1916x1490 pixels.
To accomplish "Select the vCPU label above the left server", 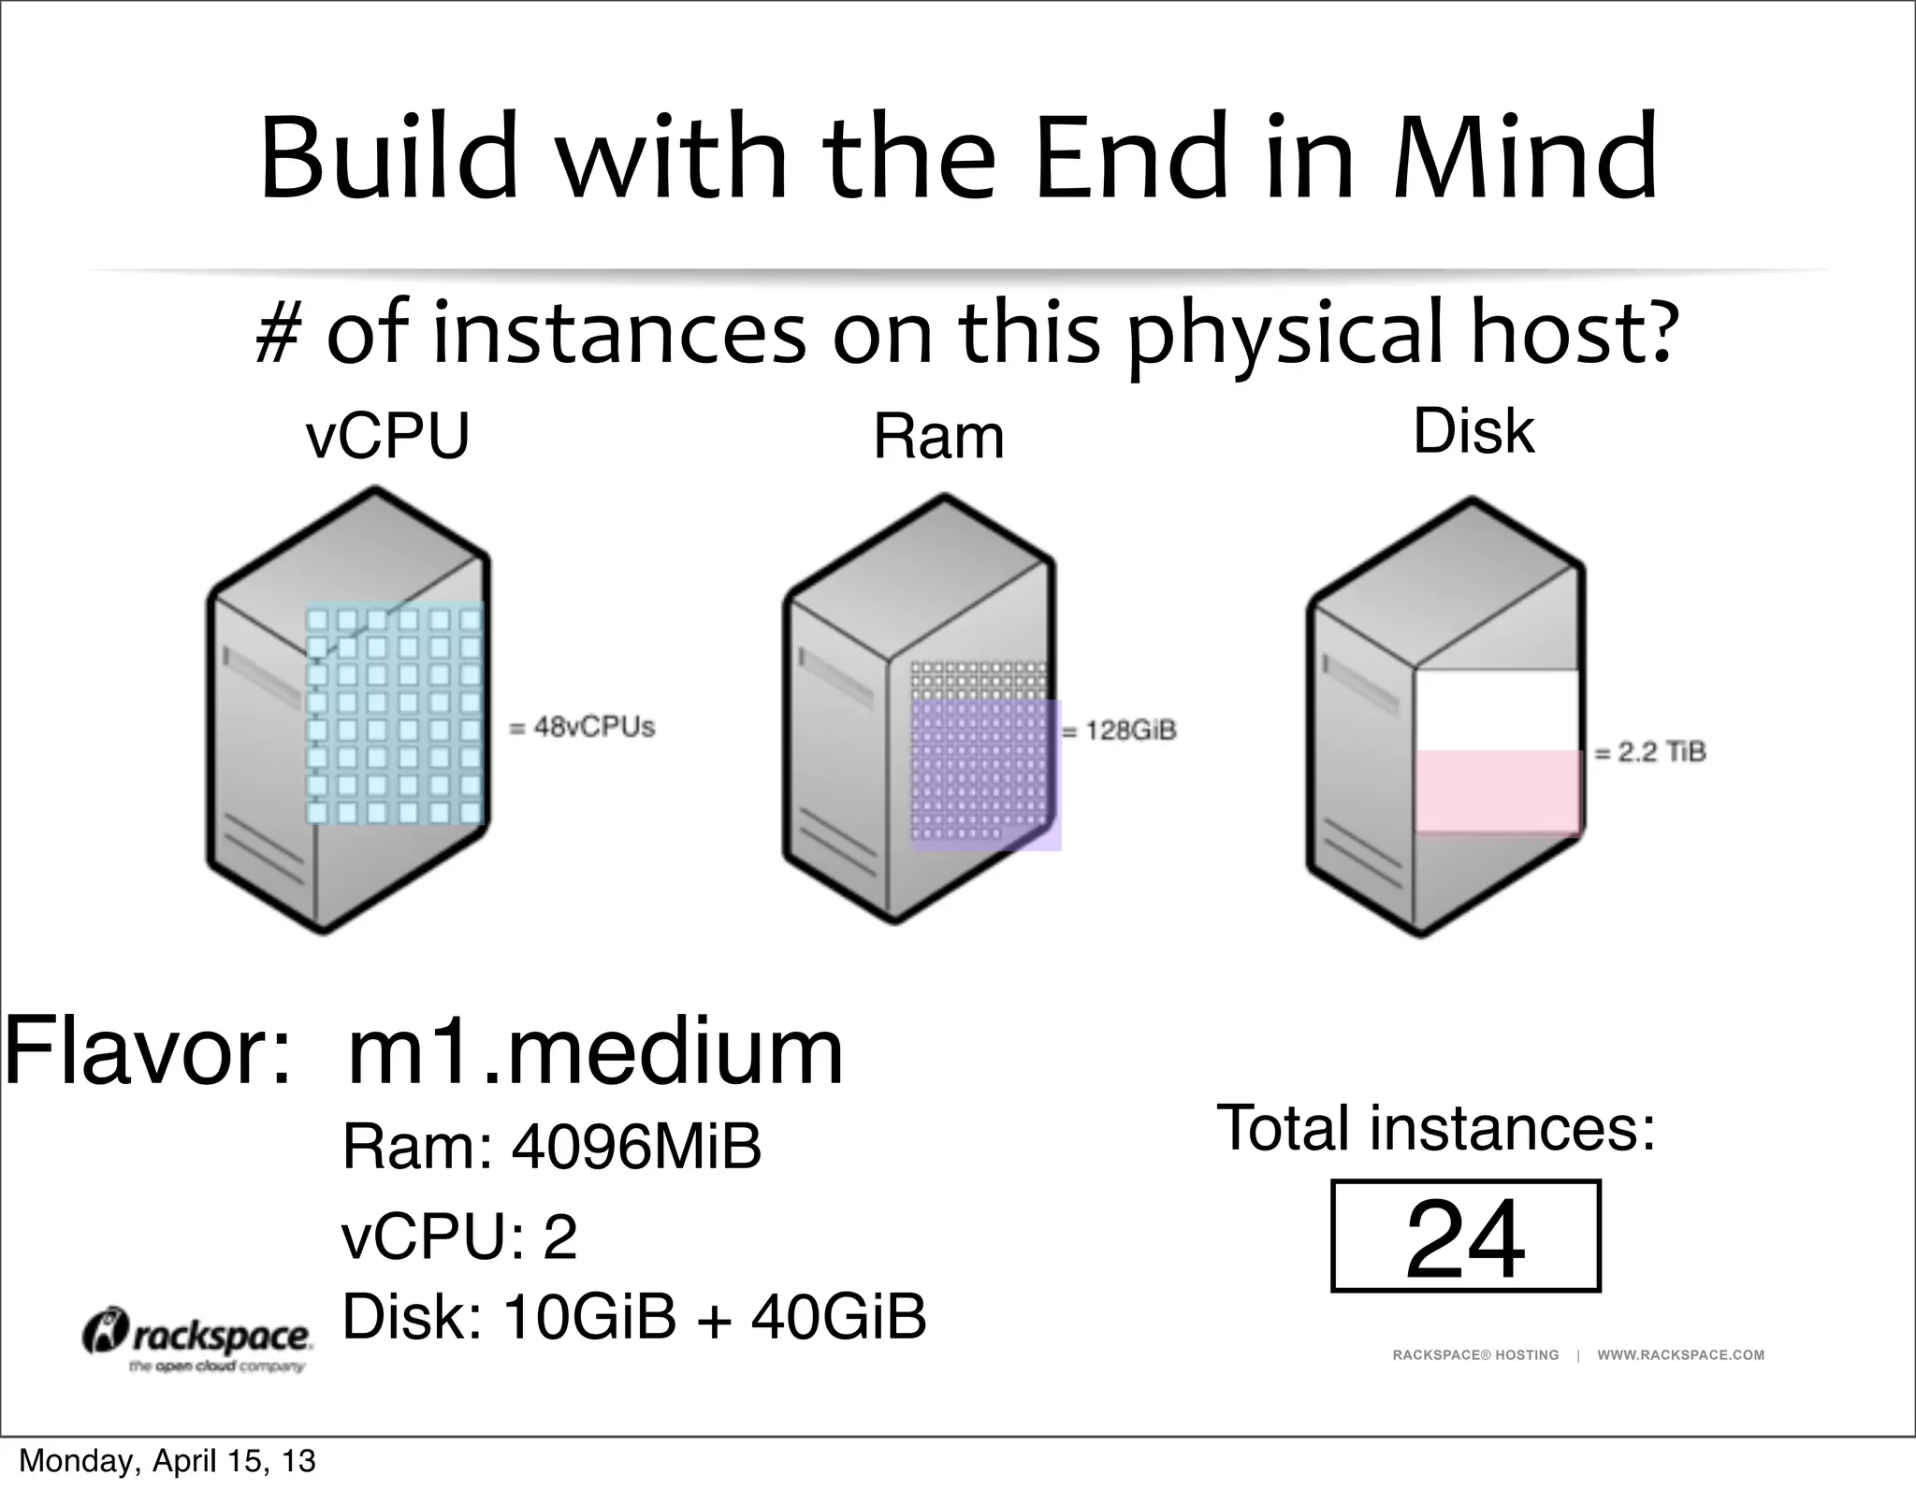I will pos(387,436).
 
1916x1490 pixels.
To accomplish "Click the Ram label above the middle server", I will pos(938,437).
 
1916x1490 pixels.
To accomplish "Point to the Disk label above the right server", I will pos(1473,431).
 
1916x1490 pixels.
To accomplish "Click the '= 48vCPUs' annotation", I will pos(582,727).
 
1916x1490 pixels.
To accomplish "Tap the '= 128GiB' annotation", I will pos(1120,731).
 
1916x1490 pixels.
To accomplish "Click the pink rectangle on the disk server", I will pos(1498,791).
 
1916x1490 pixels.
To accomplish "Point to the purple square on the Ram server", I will pos(986,775).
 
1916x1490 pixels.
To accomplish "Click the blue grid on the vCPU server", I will pos(394,715).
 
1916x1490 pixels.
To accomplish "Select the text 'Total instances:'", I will pos(1436,1128).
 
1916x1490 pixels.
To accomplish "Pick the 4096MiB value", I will pos(636,1147).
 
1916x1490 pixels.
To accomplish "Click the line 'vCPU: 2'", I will pos(459,1237).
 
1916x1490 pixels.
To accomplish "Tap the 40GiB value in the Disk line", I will pos(838,1316).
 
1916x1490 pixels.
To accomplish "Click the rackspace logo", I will pos(197,1339).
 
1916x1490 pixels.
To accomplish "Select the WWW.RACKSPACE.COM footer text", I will pos(1680,1355).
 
